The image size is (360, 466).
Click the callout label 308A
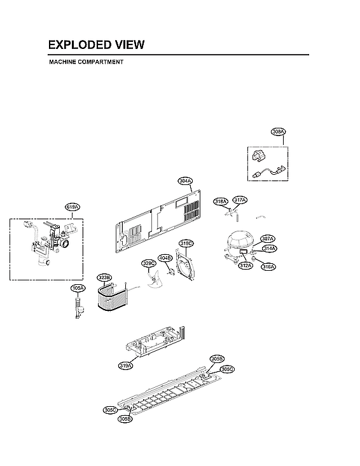[x=278, y=132]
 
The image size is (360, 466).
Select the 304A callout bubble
[x=185, y=181]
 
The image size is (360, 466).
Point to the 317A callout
[x=240, y=200]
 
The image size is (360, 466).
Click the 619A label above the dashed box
[x=73, y=207]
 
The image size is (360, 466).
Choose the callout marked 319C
[x=186, y=243]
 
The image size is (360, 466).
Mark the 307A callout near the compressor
[x=268, y=239]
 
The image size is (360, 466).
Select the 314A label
[x=269, y=249]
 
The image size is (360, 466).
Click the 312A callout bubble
[x=246, y=266]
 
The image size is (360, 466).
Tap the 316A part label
[x=268, y=266]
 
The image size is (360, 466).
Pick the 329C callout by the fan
[x=148, y=263]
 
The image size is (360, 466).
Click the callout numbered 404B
[x=165, y=258]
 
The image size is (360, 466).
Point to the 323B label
[x=104, y=278]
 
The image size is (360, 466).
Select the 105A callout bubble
[x=78, y=288]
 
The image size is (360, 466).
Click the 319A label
[x=125, y=366]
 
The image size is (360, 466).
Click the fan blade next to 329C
[x=153, y=280]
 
